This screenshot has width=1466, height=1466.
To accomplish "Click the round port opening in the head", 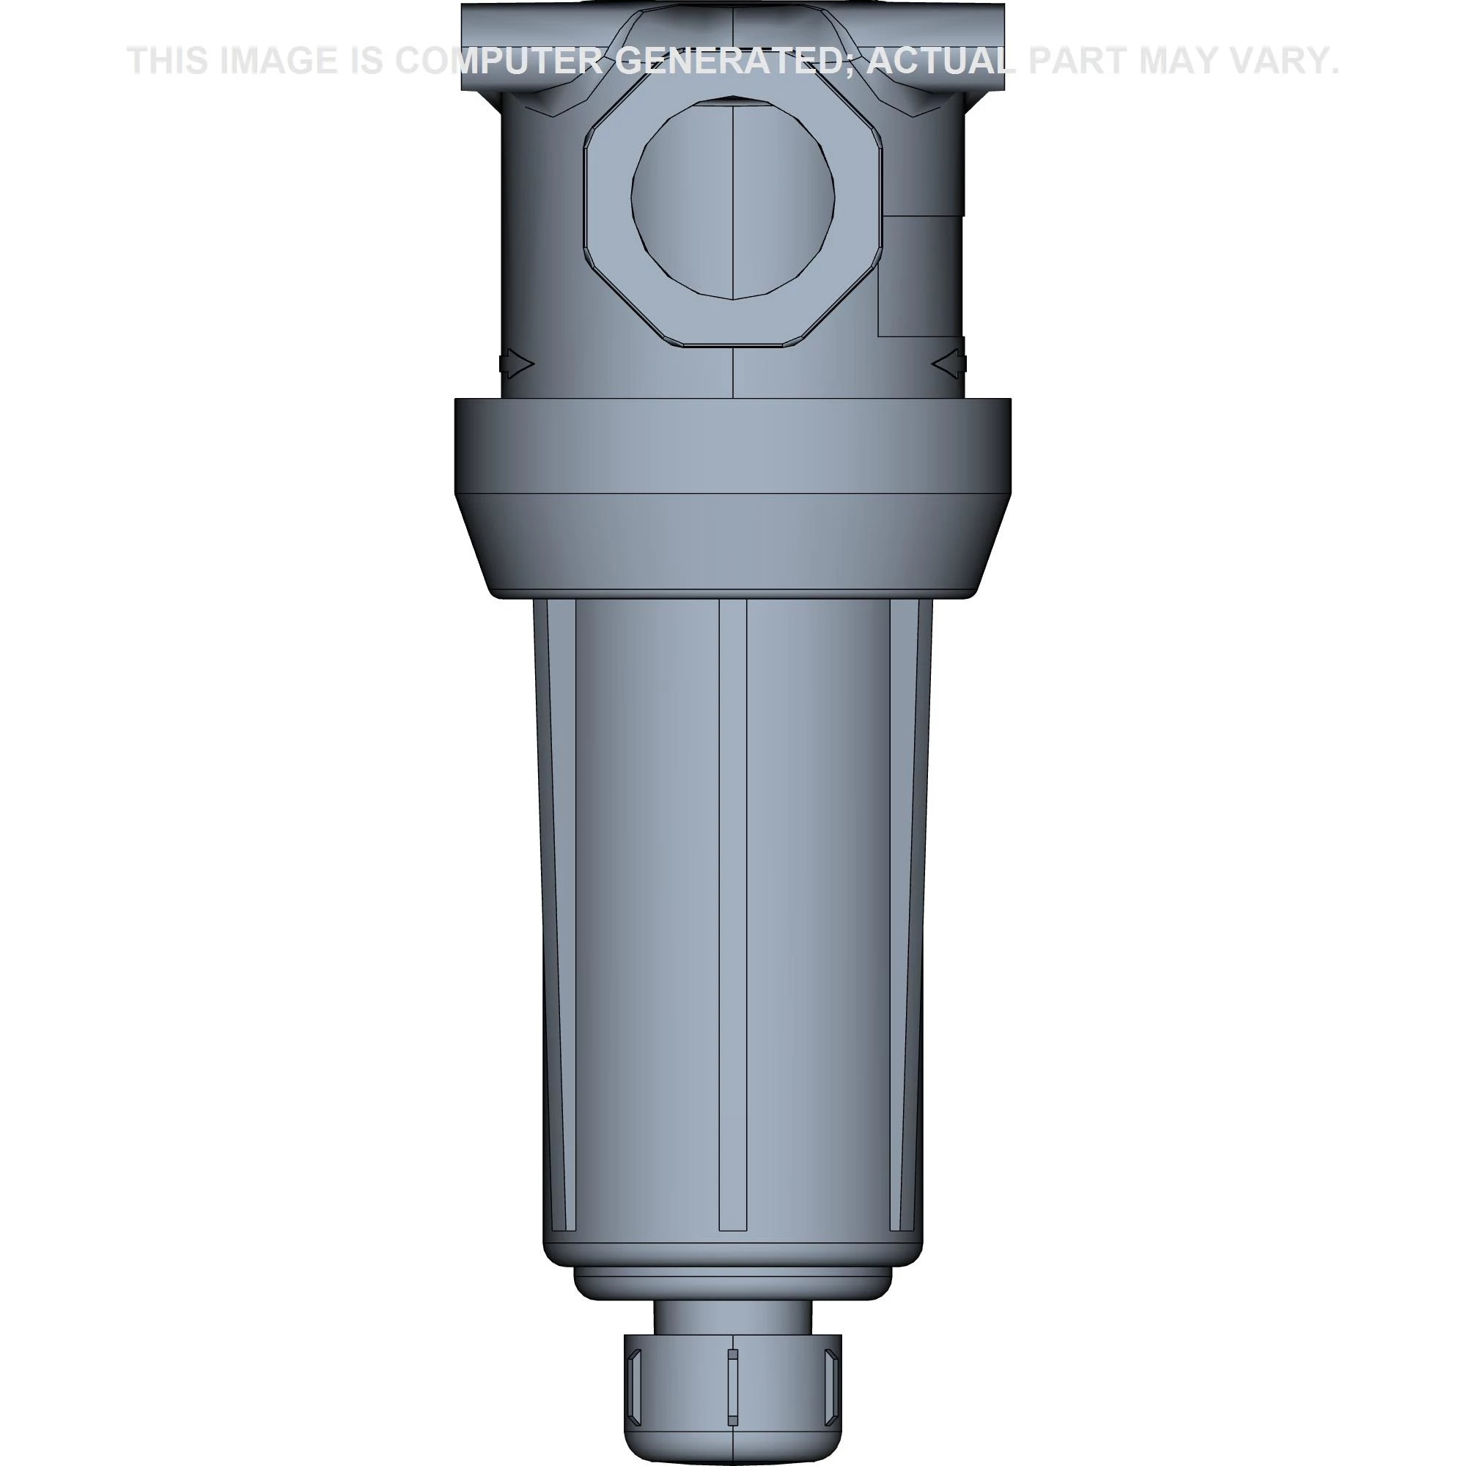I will [x=733, y=199].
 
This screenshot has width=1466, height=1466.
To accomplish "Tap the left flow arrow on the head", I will [x=517, y=365].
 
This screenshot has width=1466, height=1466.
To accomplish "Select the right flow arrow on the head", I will [x=949, y=365].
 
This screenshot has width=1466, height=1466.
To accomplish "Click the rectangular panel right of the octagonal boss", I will [x=920, y=276].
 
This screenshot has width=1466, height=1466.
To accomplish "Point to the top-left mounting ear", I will [x=486, y=45].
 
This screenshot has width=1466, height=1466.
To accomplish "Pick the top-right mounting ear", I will [x=984, y=45].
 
